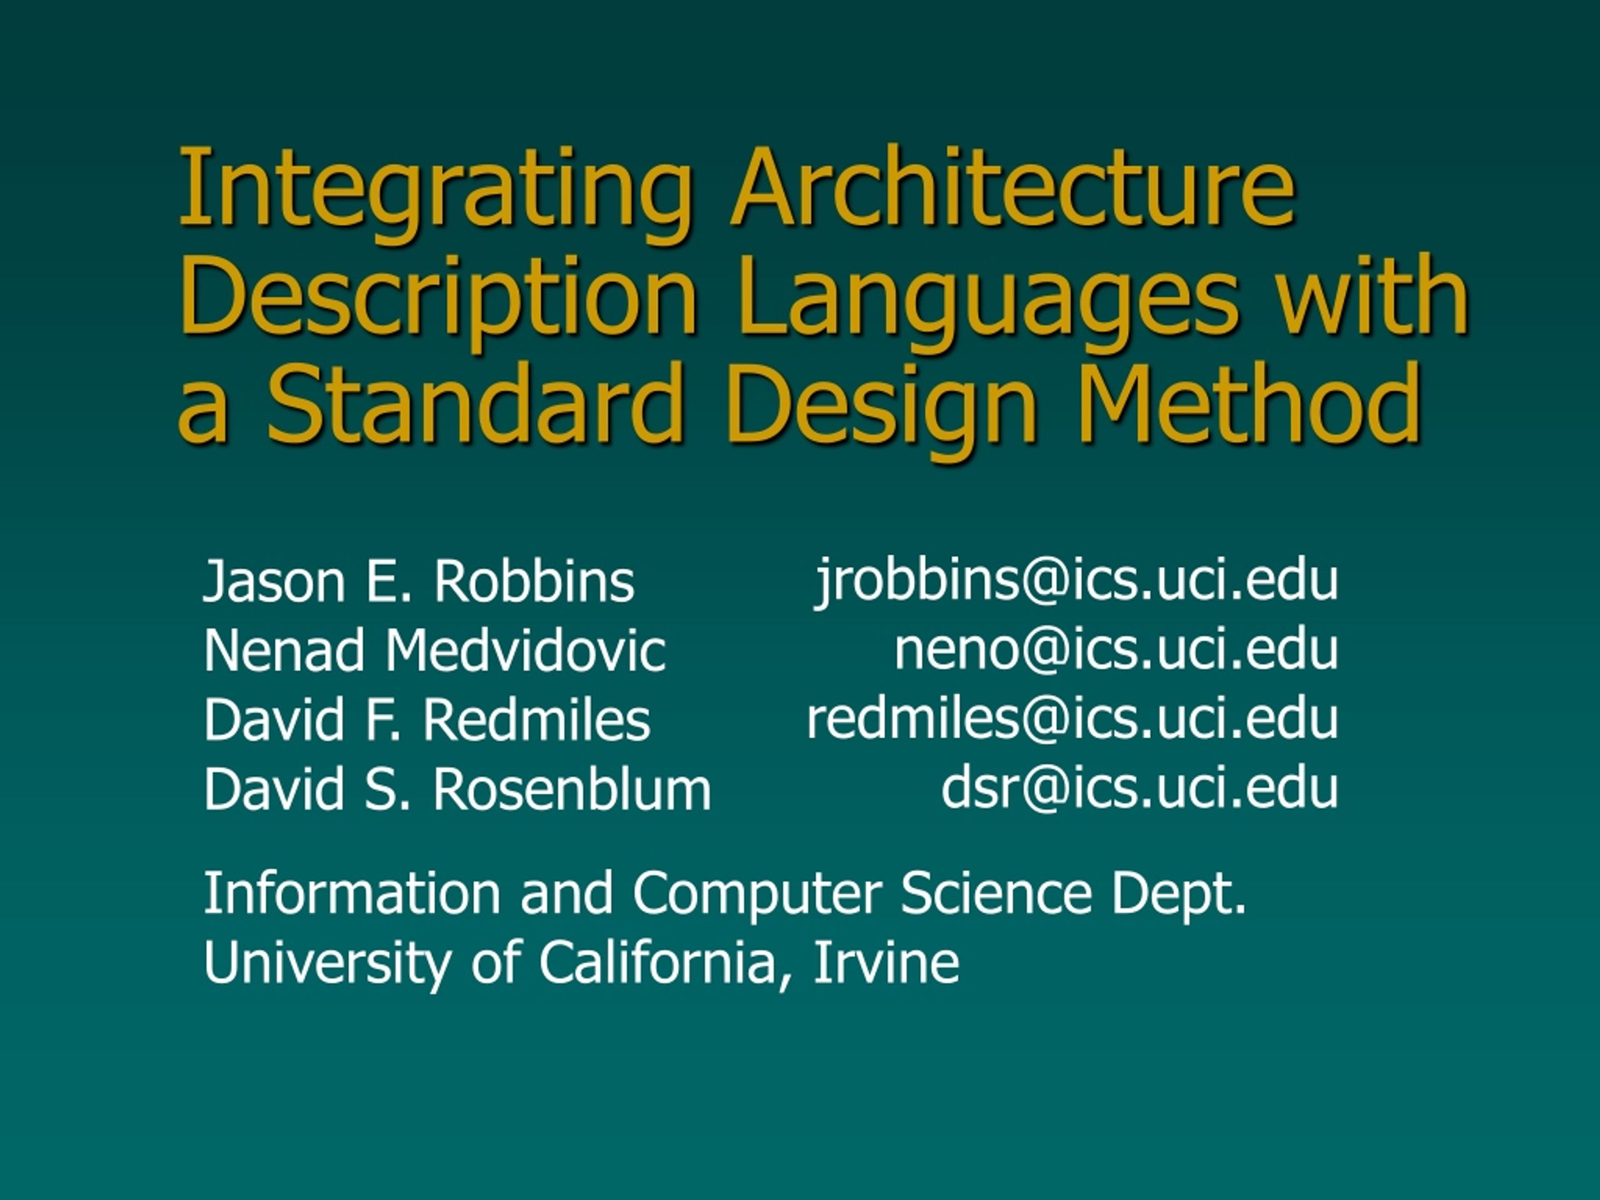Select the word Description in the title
tap(438, 300)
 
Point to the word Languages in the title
tap(988, 300)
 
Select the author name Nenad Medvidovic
tap(434, 650)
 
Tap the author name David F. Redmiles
tap(427, 720)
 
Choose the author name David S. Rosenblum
tap(457, 788)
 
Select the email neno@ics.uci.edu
tap(1116, 649)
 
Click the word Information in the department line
tap(351, 892)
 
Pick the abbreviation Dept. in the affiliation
tap(1179, 894)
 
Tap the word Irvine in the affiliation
tap(886, 961)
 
